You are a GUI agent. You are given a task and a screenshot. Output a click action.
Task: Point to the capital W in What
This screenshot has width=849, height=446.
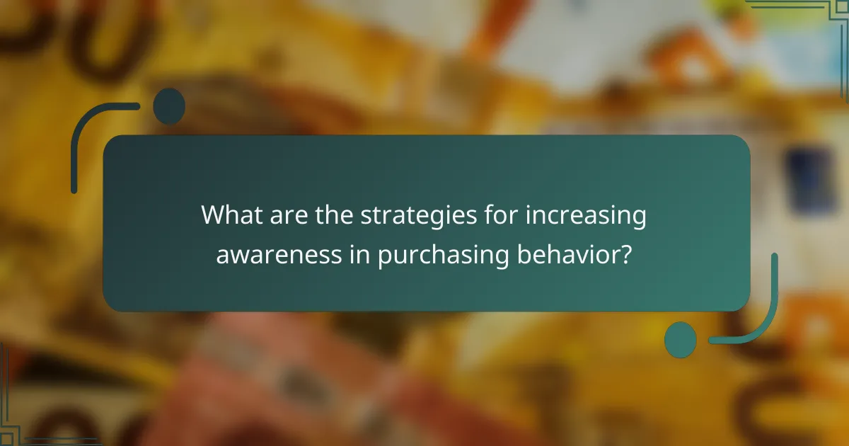213,215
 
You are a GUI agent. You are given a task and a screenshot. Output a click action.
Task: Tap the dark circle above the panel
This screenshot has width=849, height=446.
169,106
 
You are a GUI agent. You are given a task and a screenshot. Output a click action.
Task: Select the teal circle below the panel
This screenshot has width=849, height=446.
681,339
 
